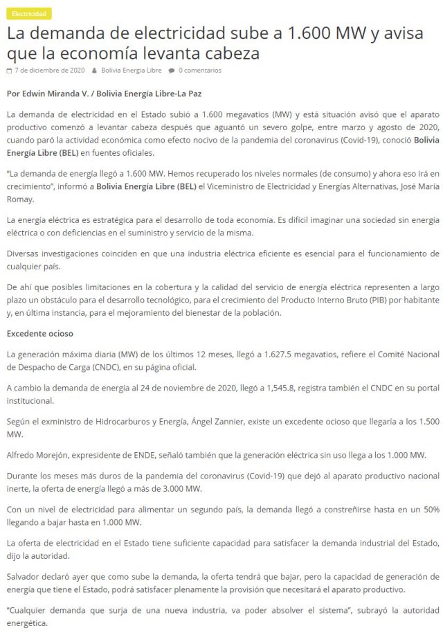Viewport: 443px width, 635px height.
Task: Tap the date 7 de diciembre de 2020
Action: pos(50,70)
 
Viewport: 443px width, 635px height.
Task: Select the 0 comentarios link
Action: pos(200,70)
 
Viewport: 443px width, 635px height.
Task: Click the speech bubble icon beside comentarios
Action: pos(171,70)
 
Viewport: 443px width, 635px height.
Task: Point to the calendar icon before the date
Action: pos(8,70)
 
